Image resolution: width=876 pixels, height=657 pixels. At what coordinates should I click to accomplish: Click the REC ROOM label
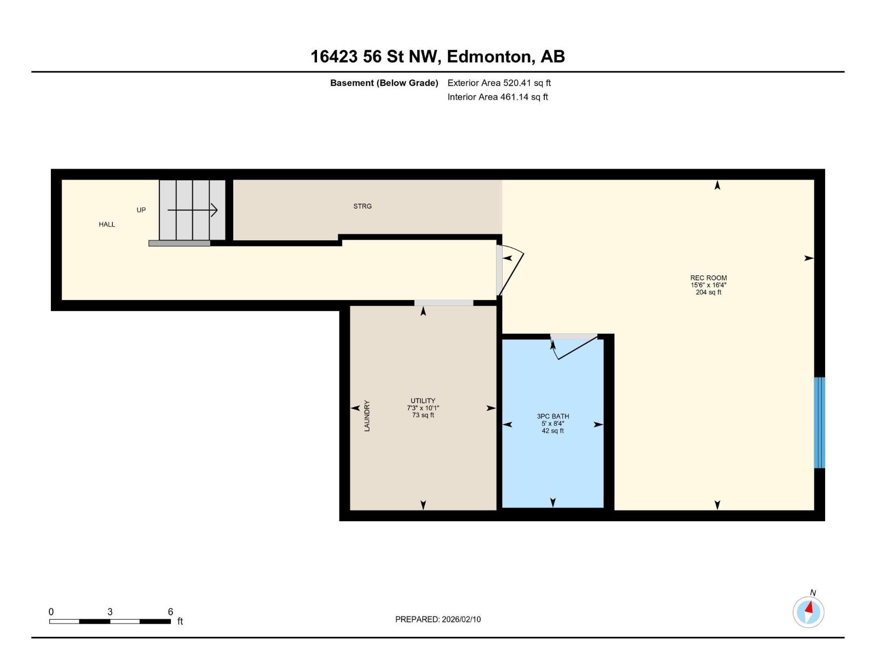[x=708, y=278]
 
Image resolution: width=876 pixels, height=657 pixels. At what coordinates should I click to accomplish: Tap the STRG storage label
[x=362, y=206]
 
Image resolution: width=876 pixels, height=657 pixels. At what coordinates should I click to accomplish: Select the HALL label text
[x=107, y=224]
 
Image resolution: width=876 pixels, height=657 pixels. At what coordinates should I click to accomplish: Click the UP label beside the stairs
[x=141, y=210]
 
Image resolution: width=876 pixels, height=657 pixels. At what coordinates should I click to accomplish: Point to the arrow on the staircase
[x=193, y=210]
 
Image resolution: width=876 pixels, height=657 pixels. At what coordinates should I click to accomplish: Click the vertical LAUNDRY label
[x=367, y=416]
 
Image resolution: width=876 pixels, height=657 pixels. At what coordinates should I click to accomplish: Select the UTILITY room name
[x=423, y=401]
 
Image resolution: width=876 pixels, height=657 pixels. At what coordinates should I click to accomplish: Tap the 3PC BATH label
[x=552, y=417]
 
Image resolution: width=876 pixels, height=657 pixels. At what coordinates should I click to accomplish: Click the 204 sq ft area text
[x=708, y=292]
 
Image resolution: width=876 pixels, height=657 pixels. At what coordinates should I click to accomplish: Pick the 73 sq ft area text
[x=423, y=415]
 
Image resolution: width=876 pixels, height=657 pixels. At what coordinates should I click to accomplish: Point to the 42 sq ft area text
[x=552, y=431]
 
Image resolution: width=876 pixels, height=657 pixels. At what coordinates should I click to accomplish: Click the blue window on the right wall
[x=819, y=423]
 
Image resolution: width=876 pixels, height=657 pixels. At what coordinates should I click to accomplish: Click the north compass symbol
[x=808, y=612]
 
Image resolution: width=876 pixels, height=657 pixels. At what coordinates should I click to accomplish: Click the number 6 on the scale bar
[x=170, y=612]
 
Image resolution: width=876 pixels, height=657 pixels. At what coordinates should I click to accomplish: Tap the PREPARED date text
[x=437, y=619]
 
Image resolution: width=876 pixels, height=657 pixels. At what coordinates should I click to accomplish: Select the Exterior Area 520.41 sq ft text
[x=499, y=83]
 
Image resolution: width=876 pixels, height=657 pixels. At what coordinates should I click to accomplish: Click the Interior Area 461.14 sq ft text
[x=497, y=97]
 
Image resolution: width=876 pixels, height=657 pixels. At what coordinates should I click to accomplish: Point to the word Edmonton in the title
[x=488, y=56]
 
